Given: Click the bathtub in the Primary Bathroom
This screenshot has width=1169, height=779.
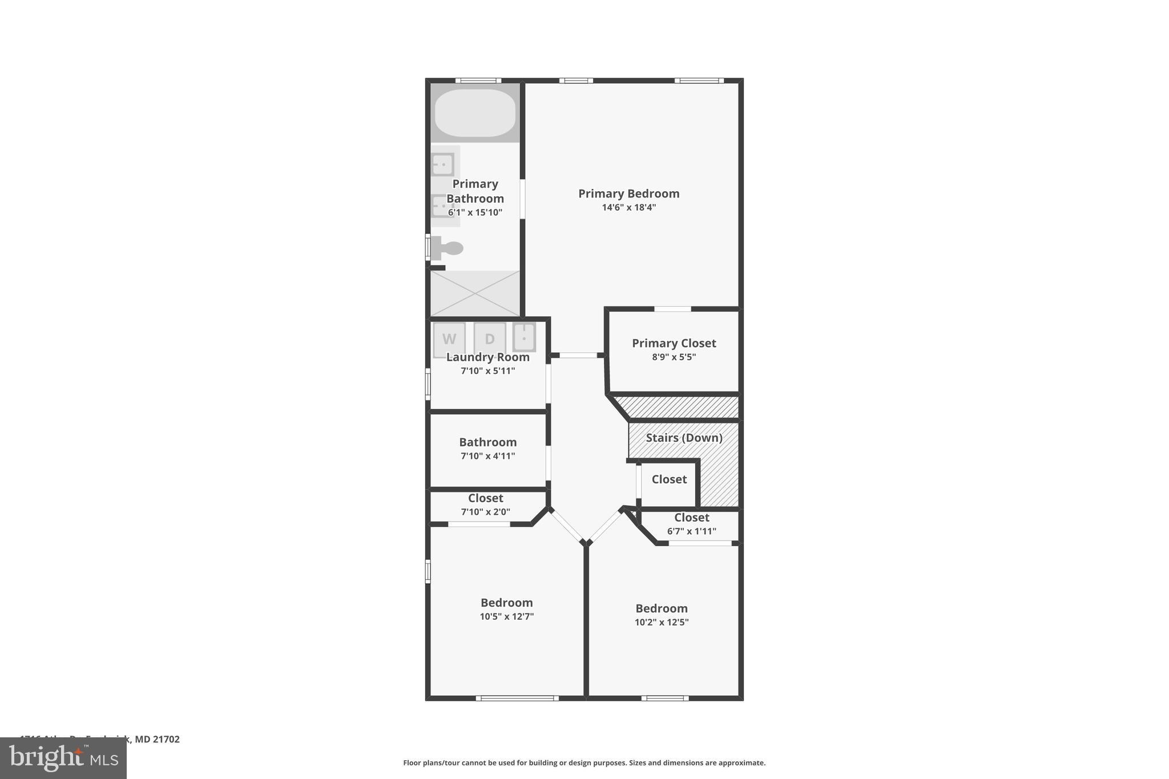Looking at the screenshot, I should [475, 113].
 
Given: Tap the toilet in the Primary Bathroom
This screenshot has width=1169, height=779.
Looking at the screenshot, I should [448, 248].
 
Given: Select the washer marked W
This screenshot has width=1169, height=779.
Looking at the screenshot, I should [449, 339].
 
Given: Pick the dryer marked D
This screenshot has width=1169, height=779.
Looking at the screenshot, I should [489, 339].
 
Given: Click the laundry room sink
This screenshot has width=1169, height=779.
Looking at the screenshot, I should [523, 337].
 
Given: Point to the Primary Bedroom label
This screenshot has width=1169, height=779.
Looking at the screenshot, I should [628, 193].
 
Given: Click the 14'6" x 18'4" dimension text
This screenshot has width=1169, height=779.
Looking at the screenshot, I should [628, 207].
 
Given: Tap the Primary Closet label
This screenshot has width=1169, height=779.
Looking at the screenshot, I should [674, 343].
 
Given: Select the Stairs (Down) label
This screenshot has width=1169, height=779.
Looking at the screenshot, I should [684, 438].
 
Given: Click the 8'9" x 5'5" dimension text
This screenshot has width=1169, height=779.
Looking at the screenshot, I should [674, 357].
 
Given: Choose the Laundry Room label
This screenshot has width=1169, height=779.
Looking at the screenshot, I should [487, 357].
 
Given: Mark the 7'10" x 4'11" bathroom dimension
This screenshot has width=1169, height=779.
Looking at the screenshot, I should [487, 456].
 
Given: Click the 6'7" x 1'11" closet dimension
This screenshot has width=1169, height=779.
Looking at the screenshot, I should [691, 531].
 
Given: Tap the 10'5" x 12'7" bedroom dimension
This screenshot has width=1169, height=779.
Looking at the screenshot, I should [506, 616].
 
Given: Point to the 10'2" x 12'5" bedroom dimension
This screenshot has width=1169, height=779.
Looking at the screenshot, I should [662, 622].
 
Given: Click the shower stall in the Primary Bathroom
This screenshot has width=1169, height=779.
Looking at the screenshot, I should [475, 293].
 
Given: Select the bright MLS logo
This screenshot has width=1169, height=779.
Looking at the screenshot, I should [63, 758].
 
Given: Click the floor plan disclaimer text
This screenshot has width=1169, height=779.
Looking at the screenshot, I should [584, 762].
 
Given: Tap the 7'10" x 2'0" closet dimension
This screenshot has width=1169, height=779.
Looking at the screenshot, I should [485, 512].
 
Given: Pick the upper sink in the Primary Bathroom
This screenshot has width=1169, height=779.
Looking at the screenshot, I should [443, 165].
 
